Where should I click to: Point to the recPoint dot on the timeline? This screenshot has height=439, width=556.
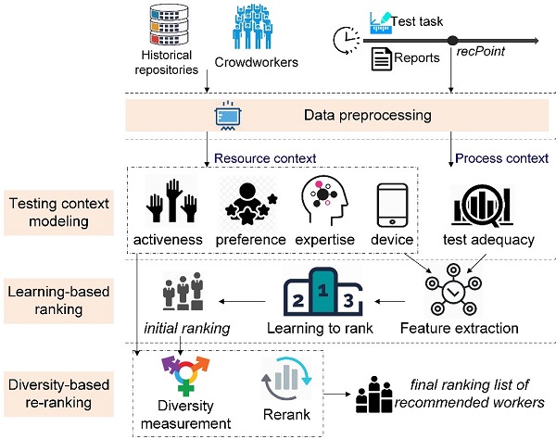pyautogui.click(x=453, y=41)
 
